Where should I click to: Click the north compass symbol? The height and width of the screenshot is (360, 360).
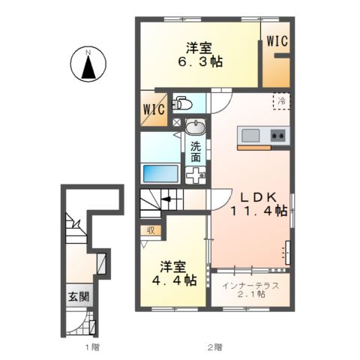(x=88, y=64)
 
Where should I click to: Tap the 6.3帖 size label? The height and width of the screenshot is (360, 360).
(x=199, y=63)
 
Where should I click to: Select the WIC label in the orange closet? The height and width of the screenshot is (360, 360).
(x=277, y=42)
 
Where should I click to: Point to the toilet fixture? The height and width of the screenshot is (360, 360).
(x=182, y=102)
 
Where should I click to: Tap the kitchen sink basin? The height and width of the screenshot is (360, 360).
(x=250, y=136)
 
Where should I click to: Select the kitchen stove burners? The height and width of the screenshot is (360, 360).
(x=277, y=136)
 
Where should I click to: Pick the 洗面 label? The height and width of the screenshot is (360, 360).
(x=196, y=151)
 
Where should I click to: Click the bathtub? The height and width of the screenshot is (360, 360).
(x=159, y=173)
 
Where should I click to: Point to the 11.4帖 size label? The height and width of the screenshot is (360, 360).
(x=259, y=212)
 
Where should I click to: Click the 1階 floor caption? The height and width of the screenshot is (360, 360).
(x=91, y=347)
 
